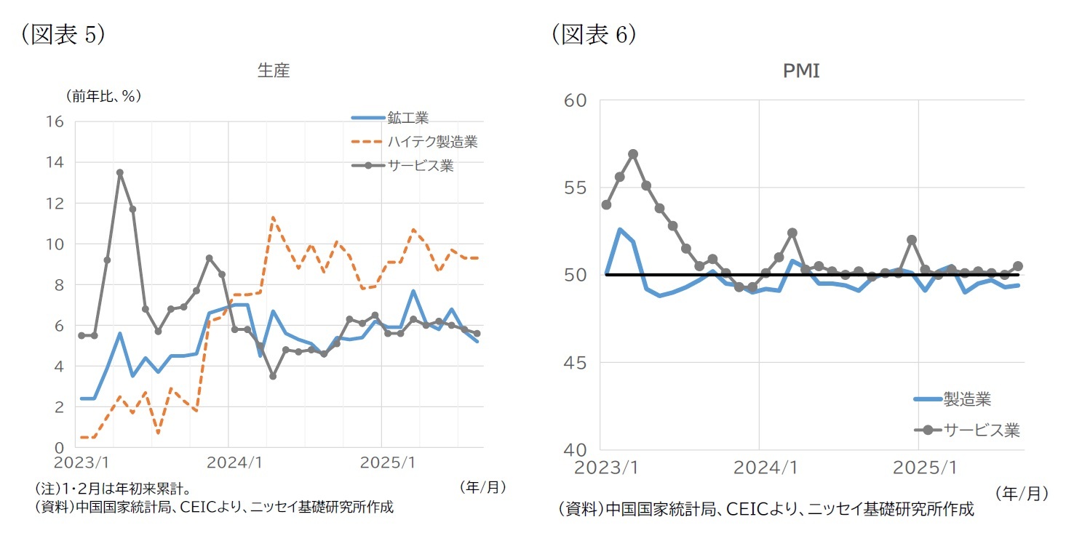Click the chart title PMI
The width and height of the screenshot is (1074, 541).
click(x=801, y=71)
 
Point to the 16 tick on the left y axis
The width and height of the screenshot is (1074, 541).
click(x=55, y=121)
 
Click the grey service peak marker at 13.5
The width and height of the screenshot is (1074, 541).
click(x=119, y=173)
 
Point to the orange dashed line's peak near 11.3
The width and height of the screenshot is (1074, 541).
click(x=273, y=217)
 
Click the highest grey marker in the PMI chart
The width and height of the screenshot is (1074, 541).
click(x=633, y=154)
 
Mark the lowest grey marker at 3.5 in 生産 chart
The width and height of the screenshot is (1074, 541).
click(x=273, y=376)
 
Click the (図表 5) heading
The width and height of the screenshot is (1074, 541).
click(x=63, y=36)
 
